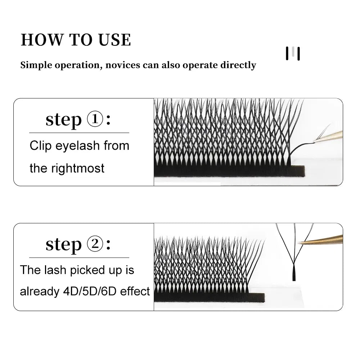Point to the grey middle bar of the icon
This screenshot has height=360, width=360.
click(293, 53)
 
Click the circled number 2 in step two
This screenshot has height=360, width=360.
click(95, 244)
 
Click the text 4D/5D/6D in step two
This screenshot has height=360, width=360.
click(88, 291)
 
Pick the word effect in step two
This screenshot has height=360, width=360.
click(135, 291)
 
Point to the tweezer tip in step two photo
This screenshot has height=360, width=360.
click(300, 243)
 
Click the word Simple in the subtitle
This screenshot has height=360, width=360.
click(35, 65)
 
